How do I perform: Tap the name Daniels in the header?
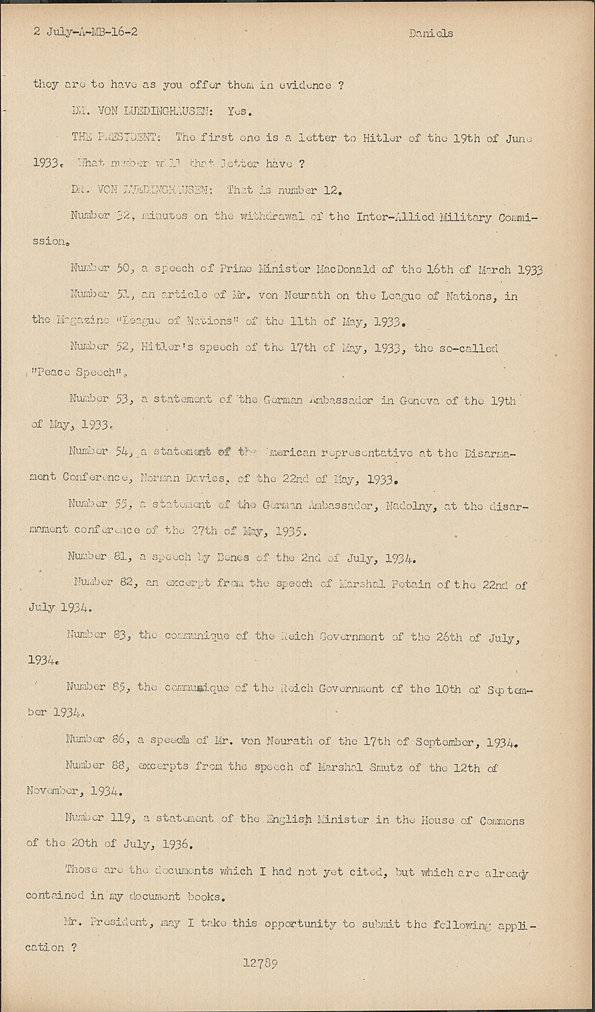click(430, 33)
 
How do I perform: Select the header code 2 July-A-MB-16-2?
click(86, 31)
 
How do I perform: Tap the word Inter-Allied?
click(393, 216)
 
